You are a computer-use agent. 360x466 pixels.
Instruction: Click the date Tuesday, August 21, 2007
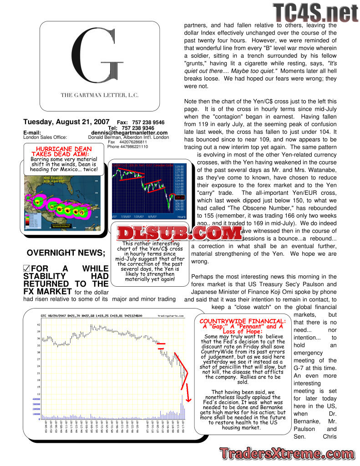[66, 122]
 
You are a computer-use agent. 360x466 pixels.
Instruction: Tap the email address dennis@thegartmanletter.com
[129, 133]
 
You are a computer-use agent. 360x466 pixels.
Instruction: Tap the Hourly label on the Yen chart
[181, 217]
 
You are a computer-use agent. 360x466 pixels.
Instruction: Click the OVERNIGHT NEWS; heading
[66, 253]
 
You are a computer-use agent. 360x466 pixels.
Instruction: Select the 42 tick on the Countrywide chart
[39, 324]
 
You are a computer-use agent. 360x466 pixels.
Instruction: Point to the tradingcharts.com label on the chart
[171, 315]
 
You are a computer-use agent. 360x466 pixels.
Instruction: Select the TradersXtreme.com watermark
[286, 453]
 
